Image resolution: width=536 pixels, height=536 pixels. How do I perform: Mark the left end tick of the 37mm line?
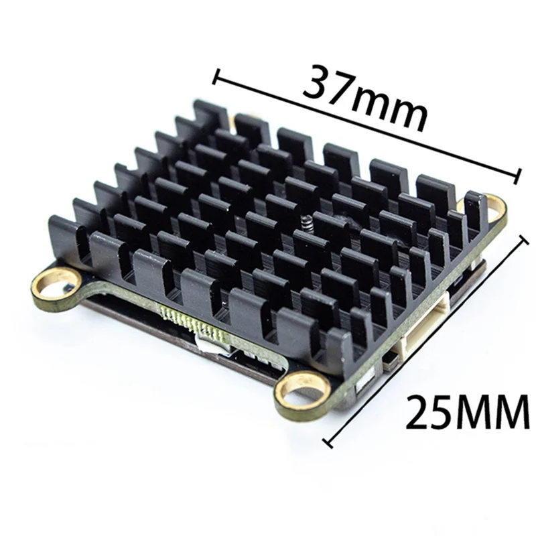215,77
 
